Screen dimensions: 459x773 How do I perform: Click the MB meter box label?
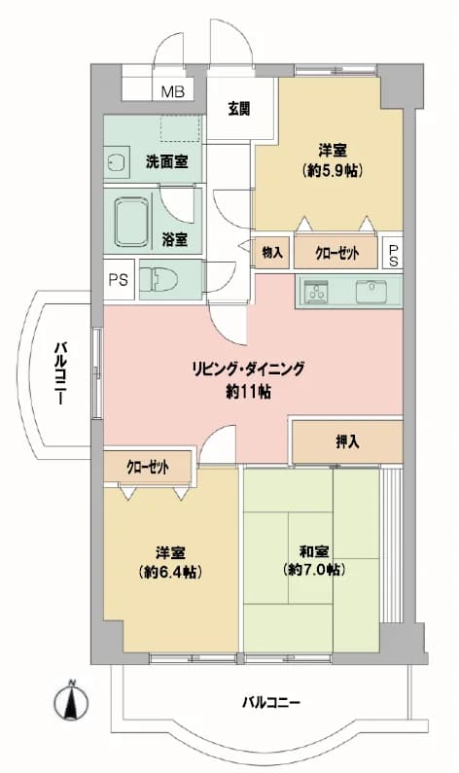pyautogui.click(x=172, y=91)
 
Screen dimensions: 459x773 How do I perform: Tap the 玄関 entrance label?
pyautogui.click(x=239, y=109)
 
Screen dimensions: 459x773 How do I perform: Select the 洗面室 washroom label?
pyautogui.click(x=166, y=161)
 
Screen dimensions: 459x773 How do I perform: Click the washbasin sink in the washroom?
pyautogui.click(x=116, y=162)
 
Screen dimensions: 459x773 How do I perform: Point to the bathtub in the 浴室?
pyautogui.click(x=131, y=222)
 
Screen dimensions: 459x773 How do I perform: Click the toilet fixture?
pyautogui.click(x=159, y=280)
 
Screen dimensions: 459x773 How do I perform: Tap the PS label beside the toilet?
pyautogui.click(x=119, y=280)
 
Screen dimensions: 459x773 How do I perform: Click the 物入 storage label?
pyautogui.click(x=272, y=254)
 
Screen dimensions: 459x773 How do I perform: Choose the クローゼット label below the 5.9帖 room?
pyautogui.click(x=337, y=254)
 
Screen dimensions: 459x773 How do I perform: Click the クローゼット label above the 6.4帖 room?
pyautogui.click(x=148, y=466)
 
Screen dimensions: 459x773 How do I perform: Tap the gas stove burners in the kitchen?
pyautogui.click(x=315, y=293)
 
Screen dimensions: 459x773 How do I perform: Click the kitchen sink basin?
pyautogui.click(x=372, y=292)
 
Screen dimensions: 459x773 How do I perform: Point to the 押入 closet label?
pyautogui.click(x=347, y=442)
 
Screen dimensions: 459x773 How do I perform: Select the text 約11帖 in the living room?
pyautogui.click(x=249, y=392)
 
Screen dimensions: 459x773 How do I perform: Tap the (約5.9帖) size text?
pyautogui.click(x=333, y=170)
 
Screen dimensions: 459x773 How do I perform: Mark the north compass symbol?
pyautogui.click(x=71, y=699)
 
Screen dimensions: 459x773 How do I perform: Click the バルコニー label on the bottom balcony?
pyautogui.click(x=271, y=701)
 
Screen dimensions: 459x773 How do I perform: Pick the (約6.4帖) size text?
pyautogui.click(x=171, y=573)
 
